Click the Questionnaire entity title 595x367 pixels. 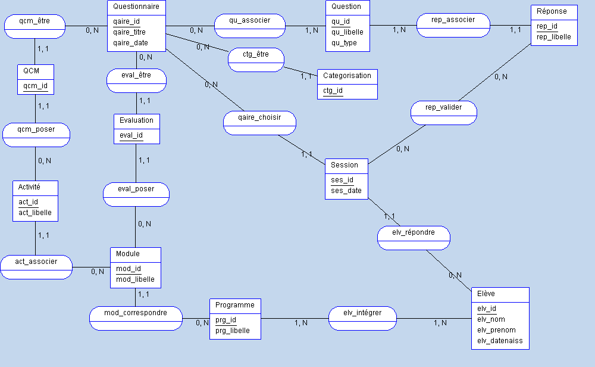pos(136,7)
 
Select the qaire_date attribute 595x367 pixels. pos(130,43)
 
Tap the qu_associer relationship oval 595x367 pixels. pos(249,21)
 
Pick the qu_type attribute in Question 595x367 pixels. pos(344,43)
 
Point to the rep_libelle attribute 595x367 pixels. pos(553,37)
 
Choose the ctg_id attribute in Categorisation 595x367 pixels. pos(333,91)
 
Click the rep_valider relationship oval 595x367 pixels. pos(444,108)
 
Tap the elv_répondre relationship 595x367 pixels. pos(414,232)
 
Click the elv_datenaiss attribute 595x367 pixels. pos(500,341)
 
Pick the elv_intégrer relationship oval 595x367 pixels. pos(362,313)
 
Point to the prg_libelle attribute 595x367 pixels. pos(233,331)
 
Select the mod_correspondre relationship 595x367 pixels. pos(136,313)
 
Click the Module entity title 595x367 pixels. pos(128,254)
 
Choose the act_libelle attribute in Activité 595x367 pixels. pos(35,213)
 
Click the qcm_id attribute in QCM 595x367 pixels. pos(35,86)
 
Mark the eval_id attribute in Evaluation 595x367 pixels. pos(131,135)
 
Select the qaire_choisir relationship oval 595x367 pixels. pos(259,117)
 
